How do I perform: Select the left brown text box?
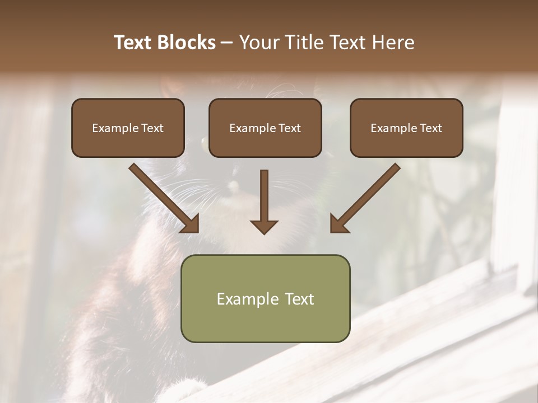pyautogui.click(x=128, y=128)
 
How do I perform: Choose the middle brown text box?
pyautogui.click(x=265, y=128)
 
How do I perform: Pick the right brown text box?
pyautogui.click(x=406, y=128)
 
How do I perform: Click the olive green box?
pyautogui.click(x=265, y=298)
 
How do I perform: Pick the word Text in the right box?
pyautogui.click(x=431, y=128)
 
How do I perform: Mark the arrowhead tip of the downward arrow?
pyautogui.click(x=264, y=233)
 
